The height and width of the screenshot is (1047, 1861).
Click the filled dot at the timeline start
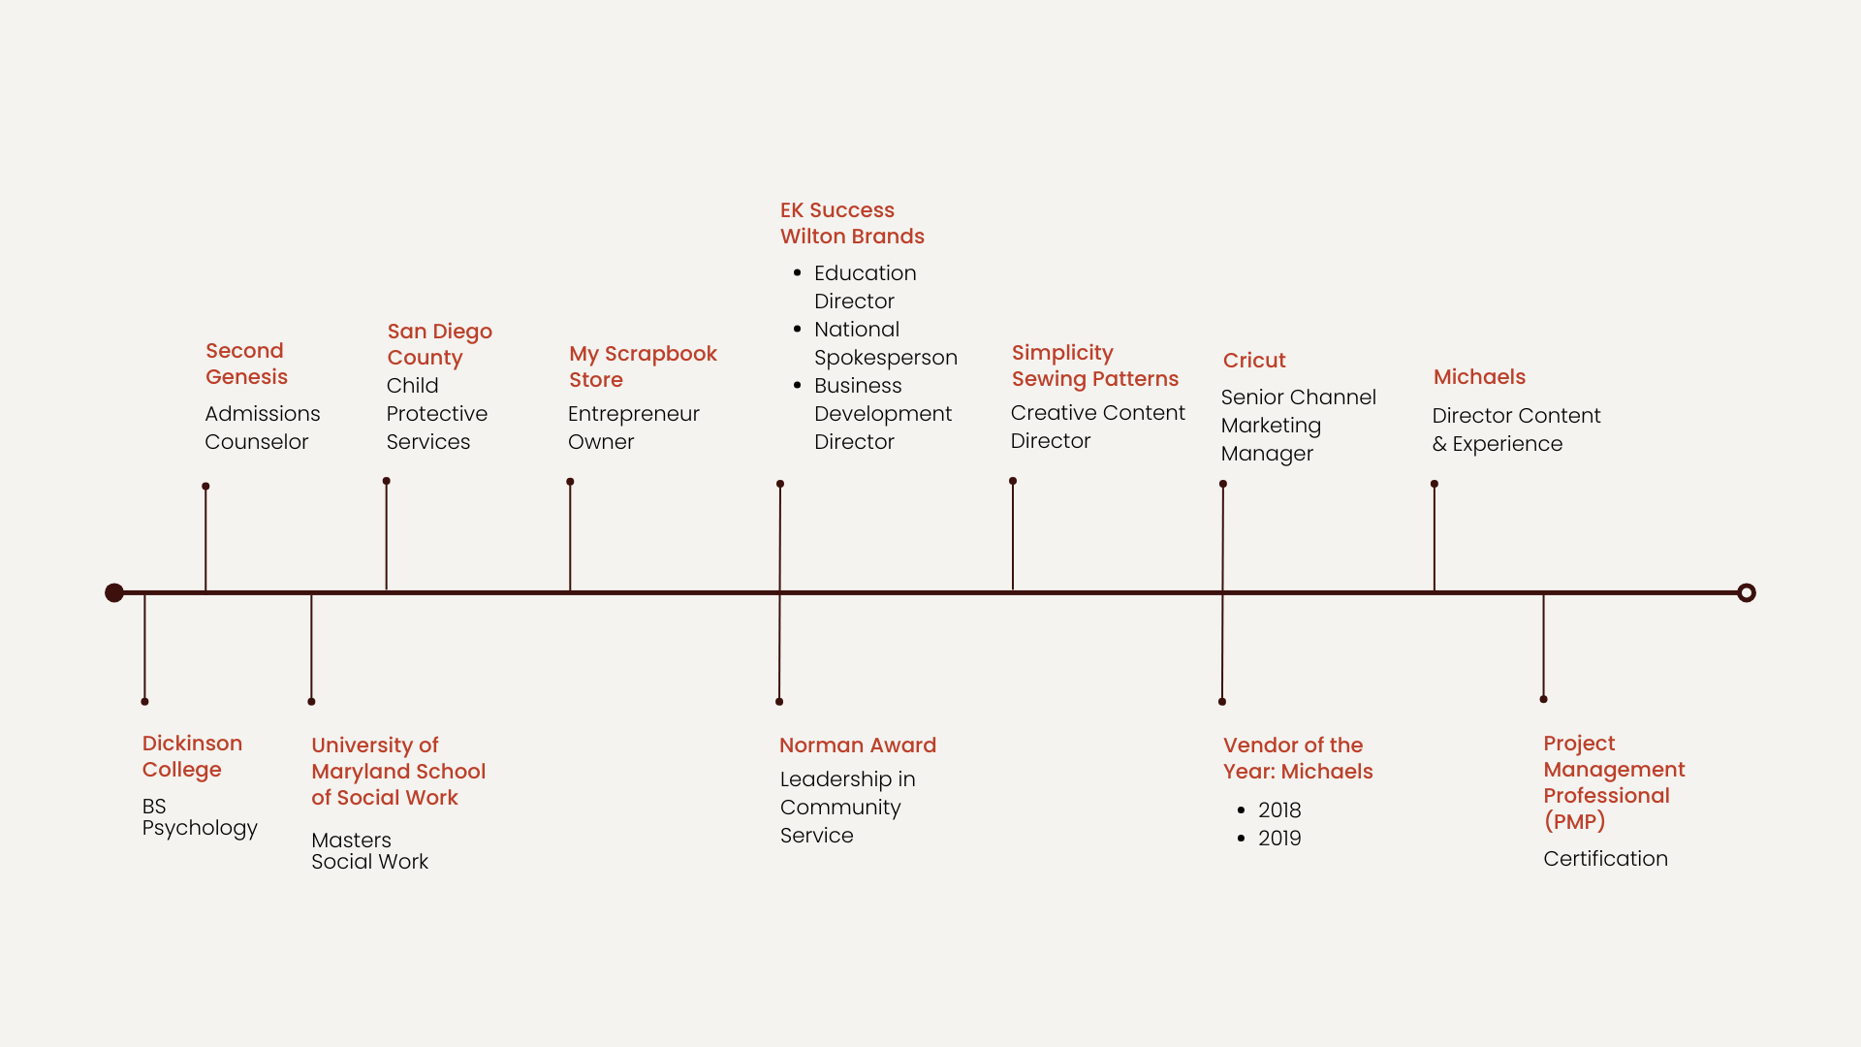pos(114,592)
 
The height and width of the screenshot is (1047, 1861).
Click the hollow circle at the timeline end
pos(1747,592)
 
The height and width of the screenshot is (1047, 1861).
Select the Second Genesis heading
pos(246,364)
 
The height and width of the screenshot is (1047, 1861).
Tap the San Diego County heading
pos(440,344)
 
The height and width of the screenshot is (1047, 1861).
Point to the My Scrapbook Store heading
pos(643,366)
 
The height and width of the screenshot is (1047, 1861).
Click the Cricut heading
pos(1254,361)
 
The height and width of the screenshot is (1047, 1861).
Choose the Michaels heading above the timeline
pos(1479,377)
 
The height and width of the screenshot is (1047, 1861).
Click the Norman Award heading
pos(858,746)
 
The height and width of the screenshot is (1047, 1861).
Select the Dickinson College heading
pos(192,756)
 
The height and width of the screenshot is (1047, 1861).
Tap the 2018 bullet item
pos(1279,810)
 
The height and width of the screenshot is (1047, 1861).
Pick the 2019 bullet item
pos(1279,839)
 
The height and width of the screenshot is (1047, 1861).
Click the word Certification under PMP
pos(1605,859)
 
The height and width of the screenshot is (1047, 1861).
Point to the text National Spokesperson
pos(886,343)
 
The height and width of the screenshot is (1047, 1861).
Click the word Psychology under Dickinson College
pos(200,829)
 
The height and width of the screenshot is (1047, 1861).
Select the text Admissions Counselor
pos(262,428)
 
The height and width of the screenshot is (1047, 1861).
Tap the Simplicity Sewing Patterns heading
pos(1095,365)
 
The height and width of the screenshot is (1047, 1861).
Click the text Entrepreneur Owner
pos(633,428)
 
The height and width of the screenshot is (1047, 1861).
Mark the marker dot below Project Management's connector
pos(1543,699)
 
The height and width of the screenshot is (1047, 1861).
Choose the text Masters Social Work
pos(369,851)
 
